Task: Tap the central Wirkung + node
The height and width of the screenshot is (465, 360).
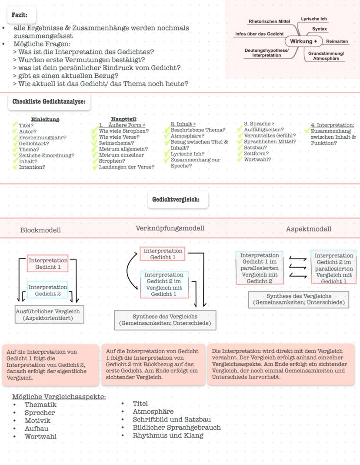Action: (303, 41)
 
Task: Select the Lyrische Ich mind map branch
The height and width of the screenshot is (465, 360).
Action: (314, 19)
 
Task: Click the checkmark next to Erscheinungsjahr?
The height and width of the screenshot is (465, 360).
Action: (16, 137)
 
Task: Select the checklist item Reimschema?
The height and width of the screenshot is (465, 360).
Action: (117, 143)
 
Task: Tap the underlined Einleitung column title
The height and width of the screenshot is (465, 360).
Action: (46, 119)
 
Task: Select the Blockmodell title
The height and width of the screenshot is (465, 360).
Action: (40, 230)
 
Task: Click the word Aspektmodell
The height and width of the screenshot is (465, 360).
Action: (308, 229)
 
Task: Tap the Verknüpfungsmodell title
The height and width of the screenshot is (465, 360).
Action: (170, 228)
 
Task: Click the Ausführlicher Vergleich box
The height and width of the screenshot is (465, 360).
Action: (48, 314)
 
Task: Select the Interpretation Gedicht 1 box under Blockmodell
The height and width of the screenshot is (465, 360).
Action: (48, 264)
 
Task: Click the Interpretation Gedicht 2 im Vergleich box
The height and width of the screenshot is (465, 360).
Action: (164, 284)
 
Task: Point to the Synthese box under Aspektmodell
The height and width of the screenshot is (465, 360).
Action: (299, 299)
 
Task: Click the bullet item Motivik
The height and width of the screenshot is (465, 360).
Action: (37, 421)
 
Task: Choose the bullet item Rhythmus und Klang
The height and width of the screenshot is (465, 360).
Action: (168, 435)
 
